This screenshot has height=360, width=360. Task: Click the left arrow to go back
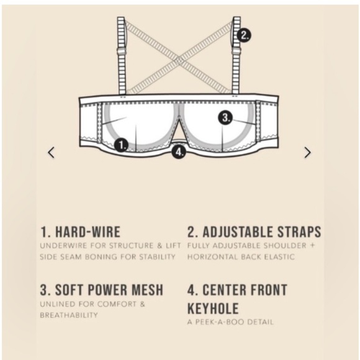pos(51,153)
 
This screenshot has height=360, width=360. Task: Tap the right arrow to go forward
pos(308,153)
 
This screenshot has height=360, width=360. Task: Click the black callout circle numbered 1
pos(121,145)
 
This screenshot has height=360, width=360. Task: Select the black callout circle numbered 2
pos(244,35)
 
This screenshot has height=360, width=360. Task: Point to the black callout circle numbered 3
pos(225,117)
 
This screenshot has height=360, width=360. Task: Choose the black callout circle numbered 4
pos(179,151)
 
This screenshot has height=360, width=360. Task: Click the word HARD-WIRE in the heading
pos(88,232)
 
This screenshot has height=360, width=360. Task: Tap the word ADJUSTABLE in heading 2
pos(238,232)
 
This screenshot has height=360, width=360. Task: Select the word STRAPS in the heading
pos(299,232)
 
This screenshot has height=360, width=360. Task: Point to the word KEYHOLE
pos(213,308)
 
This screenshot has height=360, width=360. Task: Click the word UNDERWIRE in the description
pos(63,246)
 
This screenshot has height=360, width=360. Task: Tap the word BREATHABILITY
pos(69,315)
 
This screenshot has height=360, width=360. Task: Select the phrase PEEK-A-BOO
pos(220,322)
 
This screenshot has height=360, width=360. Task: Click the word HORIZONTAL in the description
pos(212,257)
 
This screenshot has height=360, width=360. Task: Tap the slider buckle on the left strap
pos(122,51)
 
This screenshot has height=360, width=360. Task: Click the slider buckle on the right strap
pos(236,51)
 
